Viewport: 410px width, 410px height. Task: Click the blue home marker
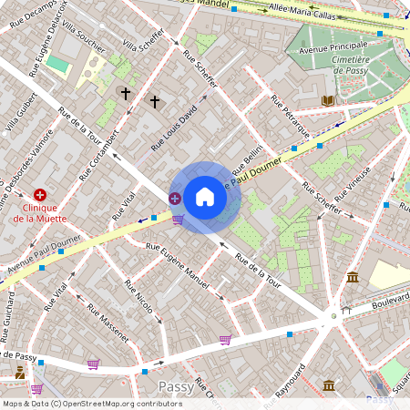(205, 197)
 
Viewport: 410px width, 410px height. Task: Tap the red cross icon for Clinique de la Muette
(40, 195)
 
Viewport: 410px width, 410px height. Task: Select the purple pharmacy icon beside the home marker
(174, 198)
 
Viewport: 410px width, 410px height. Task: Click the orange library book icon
(329, 99)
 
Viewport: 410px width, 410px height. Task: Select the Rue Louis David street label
(174, 128)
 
